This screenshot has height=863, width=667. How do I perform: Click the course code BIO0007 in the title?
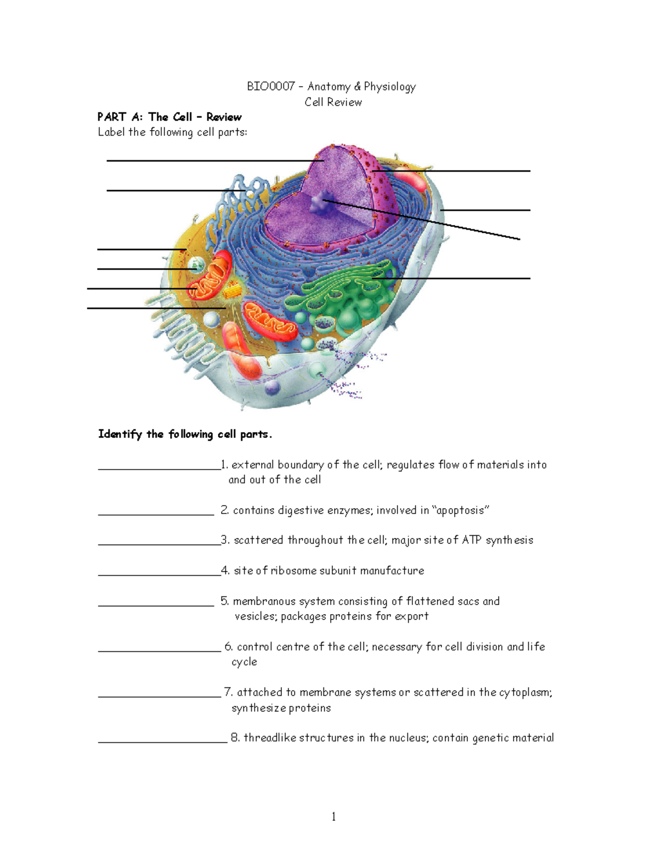pos(271,87)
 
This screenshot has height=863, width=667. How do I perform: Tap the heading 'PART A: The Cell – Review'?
pos(169,117)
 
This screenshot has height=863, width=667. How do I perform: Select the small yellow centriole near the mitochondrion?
pos(233,289)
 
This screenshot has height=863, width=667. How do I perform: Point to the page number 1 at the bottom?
pos(333,816)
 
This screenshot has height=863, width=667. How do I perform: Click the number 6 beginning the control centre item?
pos(228,647)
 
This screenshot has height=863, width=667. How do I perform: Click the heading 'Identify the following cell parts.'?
pos(185,434)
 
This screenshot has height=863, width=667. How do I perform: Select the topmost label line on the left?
pos(211,161)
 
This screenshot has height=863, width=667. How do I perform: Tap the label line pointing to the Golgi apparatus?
pos(456,278)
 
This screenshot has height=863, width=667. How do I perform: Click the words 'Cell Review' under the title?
pos(333,102)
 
